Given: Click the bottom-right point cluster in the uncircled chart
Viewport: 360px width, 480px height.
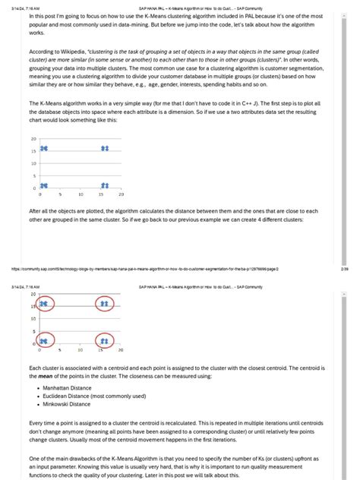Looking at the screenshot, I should [x=105, y=185].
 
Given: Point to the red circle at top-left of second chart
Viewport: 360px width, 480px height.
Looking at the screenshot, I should [x=43, y=304].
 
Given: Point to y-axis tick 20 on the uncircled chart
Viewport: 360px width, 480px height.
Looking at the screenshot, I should [x=34, y=139].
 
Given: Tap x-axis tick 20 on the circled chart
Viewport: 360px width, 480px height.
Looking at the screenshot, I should [x=121, y=350].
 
